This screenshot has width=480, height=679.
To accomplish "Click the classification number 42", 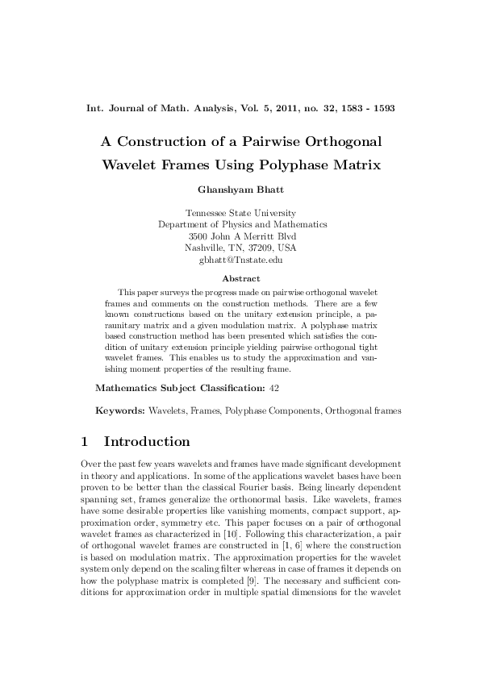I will coord(274,388).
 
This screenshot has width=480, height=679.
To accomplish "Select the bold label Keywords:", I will coord(120,410).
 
